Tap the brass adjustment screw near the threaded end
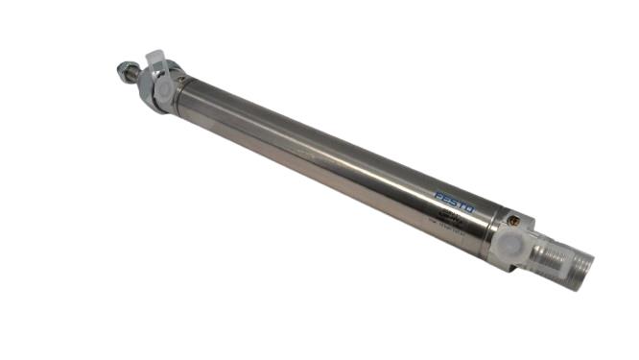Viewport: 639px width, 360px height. tap(518, 220)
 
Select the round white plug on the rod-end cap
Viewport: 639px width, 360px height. tap(162, 87)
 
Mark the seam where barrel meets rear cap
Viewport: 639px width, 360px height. tap(495, 225)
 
